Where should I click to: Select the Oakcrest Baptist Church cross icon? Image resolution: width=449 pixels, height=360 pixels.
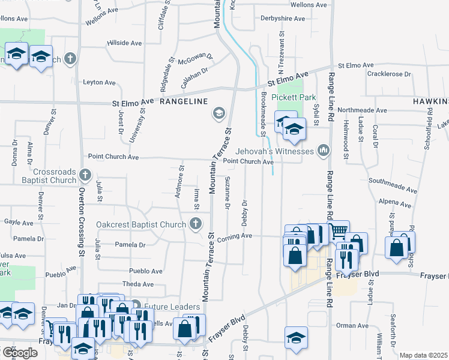tap(194, 224)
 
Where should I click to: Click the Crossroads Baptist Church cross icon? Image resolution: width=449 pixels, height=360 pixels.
tap(85, 175)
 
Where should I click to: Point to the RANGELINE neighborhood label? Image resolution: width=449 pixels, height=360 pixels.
tap(184, 102)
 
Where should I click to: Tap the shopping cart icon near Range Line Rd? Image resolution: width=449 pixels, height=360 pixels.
tap(339, 230)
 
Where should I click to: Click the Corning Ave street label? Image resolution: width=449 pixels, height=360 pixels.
tap(238, 236)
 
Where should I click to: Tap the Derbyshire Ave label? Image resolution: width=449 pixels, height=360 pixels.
tap(283, 19)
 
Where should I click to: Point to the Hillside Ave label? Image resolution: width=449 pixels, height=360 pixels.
tap(124, 43)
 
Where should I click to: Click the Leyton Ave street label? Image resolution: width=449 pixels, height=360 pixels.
tap(99, 82)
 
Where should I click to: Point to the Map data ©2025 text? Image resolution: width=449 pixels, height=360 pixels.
tap(423, 355)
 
